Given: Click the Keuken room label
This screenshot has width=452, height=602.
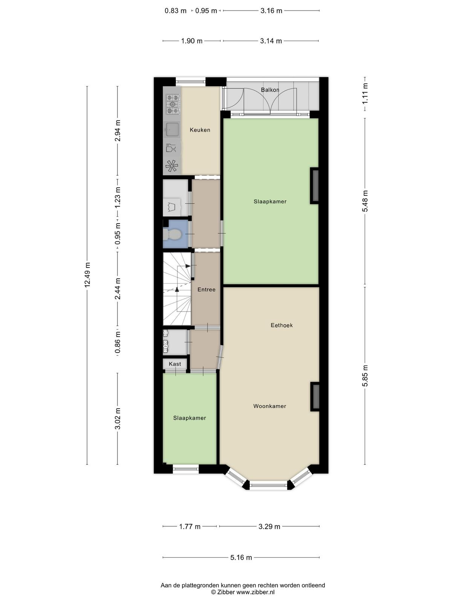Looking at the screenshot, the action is click(x=200, y=130).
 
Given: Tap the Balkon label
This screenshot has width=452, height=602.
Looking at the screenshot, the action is click(x=270, y=90).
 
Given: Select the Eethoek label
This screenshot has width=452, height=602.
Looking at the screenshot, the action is click(x=282, y=325).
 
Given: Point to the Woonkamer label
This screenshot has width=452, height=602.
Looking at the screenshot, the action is click(x=269, y=406).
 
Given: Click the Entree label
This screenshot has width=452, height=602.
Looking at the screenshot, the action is click(x=206, y=289).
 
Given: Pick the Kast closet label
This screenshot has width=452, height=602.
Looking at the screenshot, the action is click(x=175, y=364).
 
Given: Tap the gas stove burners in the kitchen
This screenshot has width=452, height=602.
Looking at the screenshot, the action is click(x=173, y=104).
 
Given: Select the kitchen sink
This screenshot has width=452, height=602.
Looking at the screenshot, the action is click(x=172, y=129).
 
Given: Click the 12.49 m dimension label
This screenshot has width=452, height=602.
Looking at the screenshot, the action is click(x=87, y=275).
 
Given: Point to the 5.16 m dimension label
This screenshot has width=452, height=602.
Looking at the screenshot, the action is click(x=241, y=558).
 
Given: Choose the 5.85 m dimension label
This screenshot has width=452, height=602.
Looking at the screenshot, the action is click(x=365, y=375).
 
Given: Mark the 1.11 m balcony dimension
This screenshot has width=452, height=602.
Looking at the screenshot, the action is click(x=365, y=94).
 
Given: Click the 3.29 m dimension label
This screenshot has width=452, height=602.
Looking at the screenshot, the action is click(x=269, y=527).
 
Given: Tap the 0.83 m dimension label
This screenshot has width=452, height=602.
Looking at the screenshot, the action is click(x=176, y=11).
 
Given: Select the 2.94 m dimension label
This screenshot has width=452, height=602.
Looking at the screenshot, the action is click(x=118, y=131).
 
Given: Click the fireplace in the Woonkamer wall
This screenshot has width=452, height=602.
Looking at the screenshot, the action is click(x=315, y=397).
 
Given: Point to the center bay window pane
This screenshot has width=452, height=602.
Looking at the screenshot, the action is click(x=269, y=485).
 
